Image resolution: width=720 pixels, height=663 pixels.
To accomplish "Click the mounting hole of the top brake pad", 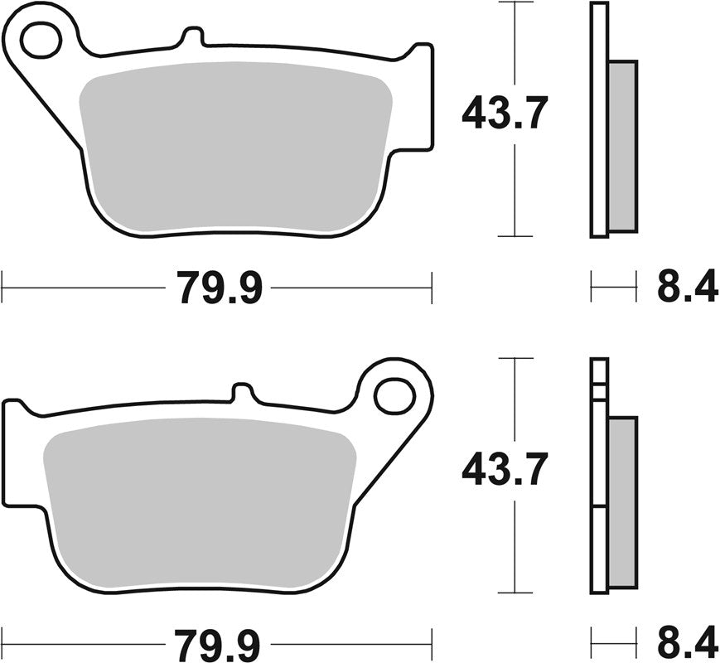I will point(41,41).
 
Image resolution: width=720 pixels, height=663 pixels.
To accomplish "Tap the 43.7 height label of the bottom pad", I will point(505,471).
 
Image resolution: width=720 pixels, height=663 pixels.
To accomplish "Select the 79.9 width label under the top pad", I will point(219,288).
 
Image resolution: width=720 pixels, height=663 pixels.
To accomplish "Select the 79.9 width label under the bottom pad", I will point(219,642).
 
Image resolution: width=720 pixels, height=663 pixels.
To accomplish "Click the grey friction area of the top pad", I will point(236,145).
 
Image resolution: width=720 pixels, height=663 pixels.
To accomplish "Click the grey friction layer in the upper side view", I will point(624,145).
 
